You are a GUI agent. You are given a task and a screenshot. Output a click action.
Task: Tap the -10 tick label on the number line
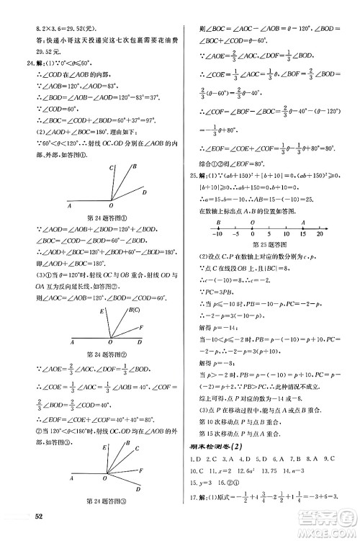(215, 235)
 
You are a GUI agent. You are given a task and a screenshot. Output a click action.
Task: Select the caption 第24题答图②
(107, 354)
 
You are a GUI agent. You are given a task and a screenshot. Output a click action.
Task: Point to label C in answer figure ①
(112, 168)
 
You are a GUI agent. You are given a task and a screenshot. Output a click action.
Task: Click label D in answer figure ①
(144, 193)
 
